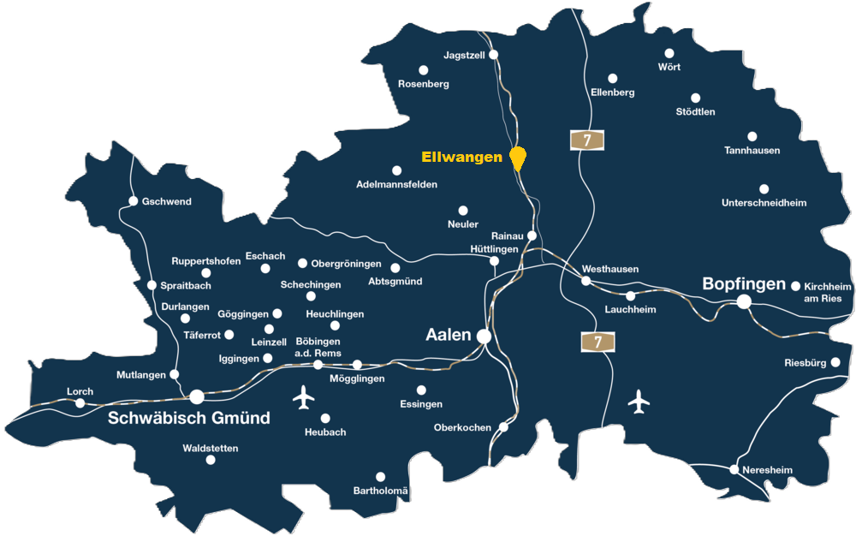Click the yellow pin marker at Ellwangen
(x=517, y=157)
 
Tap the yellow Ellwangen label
(x=461, y=158)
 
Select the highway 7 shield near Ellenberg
(x=587, y=140)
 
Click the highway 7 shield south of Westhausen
(x=598, y=342)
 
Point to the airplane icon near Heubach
(x=304, y=397)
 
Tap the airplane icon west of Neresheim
(x=639, y=401)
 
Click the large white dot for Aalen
(x=484, y=336)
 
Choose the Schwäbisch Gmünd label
(x=189, y=418)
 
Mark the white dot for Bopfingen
(x=744, y=301)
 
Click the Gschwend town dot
(x=134, y=201)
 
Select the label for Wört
(x=669, y=67)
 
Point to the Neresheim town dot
(x=734, y=469)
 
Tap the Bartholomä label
(x=382, y=491)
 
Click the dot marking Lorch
(x=80, y=403)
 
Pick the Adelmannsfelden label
(x=396, y=184)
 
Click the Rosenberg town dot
(x=423, y=70)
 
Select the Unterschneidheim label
(x=764, y=203)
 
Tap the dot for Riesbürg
(x=835, y=362)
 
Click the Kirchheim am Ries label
(x=829, y=292)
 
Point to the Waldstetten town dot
(x=211, y=460)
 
